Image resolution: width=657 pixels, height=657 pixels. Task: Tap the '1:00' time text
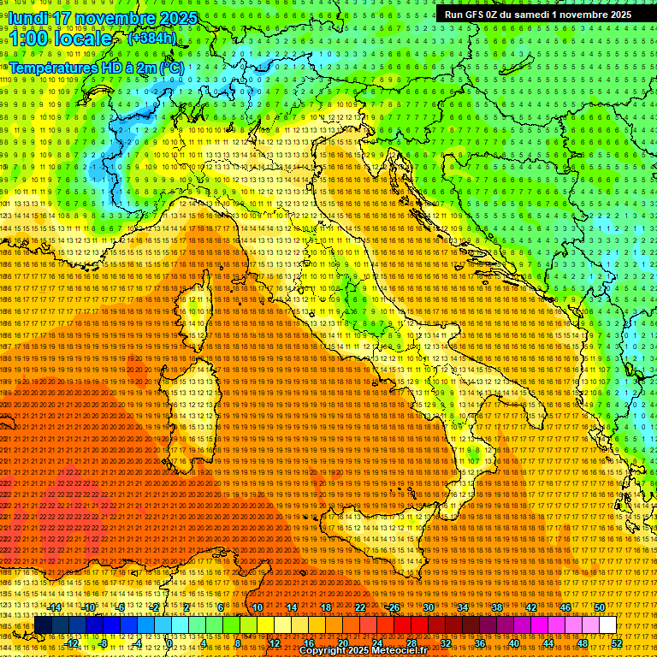tap(29, 38)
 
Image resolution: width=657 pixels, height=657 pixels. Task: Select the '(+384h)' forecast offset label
tap(151, 38)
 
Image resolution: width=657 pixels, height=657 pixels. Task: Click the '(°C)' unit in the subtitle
tap(171, 68)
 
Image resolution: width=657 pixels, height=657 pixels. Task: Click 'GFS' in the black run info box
tap(479, 14)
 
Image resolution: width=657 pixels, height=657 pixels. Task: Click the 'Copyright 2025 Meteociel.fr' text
tap(364, 651)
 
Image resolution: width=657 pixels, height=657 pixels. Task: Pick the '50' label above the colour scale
tap(599, 607)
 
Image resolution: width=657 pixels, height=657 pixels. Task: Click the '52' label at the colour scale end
tap(616, 642)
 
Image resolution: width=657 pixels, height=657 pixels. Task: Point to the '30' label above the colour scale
tap(428, 607)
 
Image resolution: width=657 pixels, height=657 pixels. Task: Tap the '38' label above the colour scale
tap(496, 607)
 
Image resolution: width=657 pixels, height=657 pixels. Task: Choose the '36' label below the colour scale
tap(479, 642)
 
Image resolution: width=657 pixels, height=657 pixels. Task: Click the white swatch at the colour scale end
tap(607, 625)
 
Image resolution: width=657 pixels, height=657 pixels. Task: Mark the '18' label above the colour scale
tap(325, 607)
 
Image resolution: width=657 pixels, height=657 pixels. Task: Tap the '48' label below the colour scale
tap(582, 642)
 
